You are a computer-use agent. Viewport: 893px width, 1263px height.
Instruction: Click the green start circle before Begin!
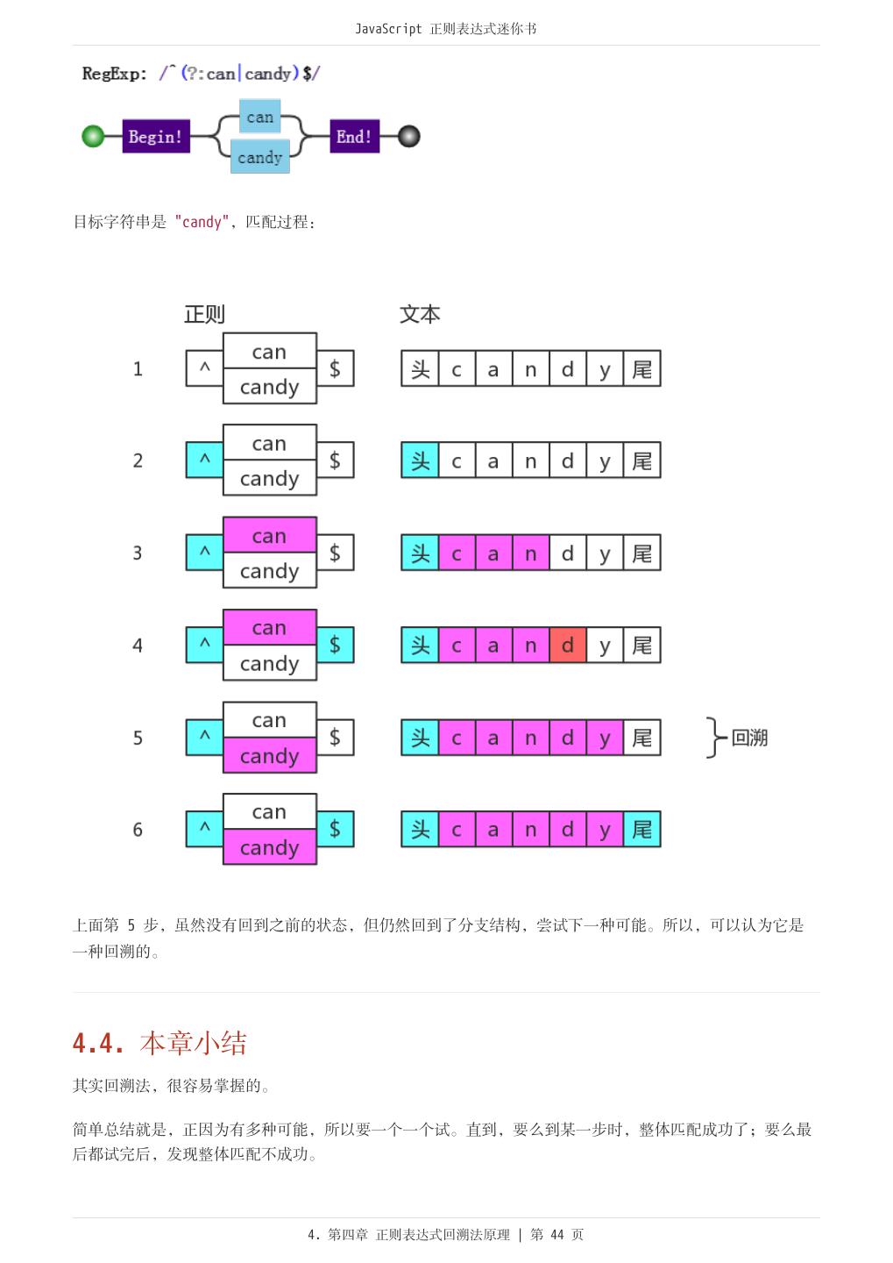pyautogui.click(x=93, y=137)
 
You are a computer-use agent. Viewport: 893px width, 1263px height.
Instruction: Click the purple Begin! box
pyautogui.click(x=156, y=137)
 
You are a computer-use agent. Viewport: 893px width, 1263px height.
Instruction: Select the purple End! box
pyautogui.click(x=354, y=137)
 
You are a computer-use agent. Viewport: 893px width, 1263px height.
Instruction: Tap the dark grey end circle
pyautogui.click(x=408, y=137)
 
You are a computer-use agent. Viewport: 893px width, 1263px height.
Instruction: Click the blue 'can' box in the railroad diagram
pyautogui.click(x=259, y=117)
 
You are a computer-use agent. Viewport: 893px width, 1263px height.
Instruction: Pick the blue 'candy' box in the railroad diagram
pyautogui.click(x=259, y=158)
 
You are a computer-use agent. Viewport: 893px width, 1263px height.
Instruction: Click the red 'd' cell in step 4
pyautogui.click(x=568, y=646)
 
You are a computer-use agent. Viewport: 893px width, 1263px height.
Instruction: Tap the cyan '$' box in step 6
pyautogui.click(x=335, y=829)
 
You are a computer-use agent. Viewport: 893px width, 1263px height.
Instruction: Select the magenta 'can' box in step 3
pyautogui.click(x=269, y=535)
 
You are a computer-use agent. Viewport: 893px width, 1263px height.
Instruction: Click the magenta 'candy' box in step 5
pyautogui.click(x=269, y=756)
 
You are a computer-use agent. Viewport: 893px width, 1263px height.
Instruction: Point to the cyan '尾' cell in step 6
pyautogui.click(x=642, y=830)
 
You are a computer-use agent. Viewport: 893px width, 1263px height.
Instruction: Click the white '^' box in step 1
pyautogui.click(x=205, y=368)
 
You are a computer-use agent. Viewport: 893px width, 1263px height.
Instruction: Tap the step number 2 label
pyautogui.click(x=138, y=461)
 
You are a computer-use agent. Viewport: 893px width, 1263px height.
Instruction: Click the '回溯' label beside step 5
pyautogui.click(x=749, y=738)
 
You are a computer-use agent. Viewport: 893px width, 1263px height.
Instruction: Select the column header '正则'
pyautogui.click(x=204, y=314)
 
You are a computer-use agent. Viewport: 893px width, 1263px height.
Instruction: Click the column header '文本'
pyautogui.click(x=420, y=314)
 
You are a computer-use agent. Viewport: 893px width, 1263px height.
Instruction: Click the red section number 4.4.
pyautogui.click(x=98, y=1043)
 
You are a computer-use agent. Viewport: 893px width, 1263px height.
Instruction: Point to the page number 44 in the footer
pyautogui.click(x=557, y=1235)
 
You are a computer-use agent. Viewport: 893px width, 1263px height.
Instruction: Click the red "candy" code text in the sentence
pyautogui.click(x=202, y=222)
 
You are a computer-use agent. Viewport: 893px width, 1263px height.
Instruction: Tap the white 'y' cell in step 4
pyautogui.click(x=605, y=646)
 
